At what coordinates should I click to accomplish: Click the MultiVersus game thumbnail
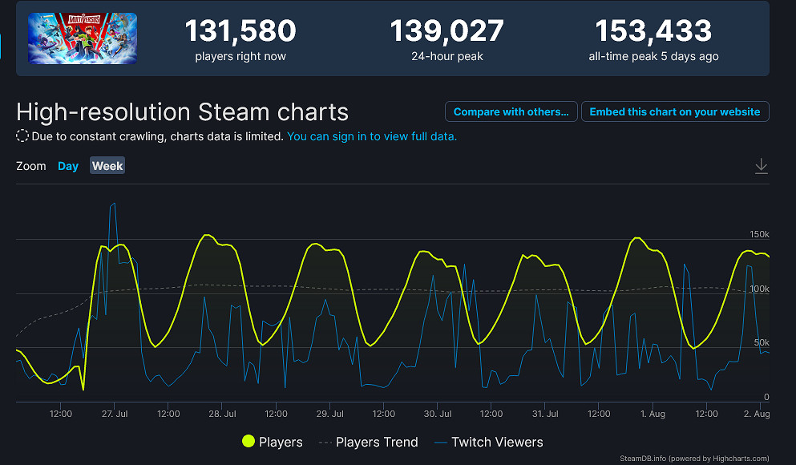point(82,38)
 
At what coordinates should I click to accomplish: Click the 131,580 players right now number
point(240,31)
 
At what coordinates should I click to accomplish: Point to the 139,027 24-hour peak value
point(446,31)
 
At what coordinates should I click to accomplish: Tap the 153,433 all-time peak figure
point(653,31)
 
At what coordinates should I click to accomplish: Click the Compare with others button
point(511,112)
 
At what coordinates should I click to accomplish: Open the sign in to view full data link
point(372,136)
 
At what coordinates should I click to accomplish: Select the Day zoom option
point(68,166)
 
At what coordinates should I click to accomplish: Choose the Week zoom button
point(107,166)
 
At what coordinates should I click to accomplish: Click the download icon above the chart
point(761,166)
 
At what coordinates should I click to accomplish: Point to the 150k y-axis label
point(758,234)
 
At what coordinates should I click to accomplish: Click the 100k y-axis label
point(758,289)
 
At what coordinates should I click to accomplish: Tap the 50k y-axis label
point(761,342)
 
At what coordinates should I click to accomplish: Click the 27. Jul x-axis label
point(115,414)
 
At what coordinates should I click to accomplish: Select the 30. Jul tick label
point(438,414)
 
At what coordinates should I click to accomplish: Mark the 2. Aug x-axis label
point(757,414)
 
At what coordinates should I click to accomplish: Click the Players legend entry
point(272,442)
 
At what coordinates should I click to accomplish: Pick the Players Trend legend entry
point(369,442)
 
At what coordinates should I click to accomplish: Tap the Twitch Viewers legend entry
point(488,442)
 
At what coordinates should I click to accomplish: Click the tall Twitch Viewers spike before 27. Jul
point(113,205)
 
